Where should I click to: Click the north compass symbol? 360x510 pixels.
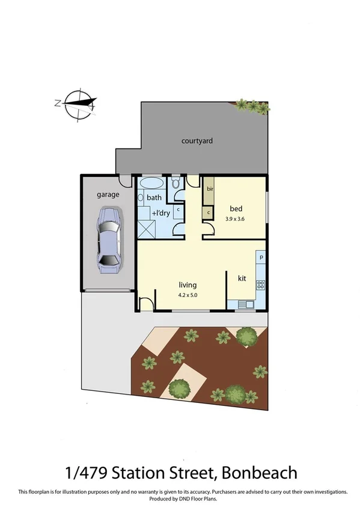point(77,103)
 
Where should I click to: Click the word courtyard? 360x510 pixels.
point(197,141)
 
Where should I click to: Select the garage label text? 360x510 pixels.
point(108,194)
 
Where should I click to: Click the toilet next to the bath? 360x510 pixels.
point(175,183)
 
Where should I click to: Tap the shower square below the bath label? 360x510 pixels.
point(147,229)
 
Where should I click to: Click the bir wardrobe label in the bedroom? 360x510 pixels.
point(210,188)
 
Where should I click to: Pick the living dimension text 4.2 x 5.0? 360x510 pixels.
point(188,295)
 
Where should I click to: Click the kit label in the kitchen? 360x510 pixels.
point(242,278)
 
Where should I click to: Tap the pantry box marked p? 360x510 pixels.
point(261,257)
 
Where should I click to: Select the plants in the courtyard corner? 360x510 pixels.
point(252,106)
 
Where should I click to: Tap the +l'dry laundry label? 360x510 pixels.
point(160,214)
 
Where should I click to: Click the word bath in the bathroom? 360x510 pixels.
point(154,197)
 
